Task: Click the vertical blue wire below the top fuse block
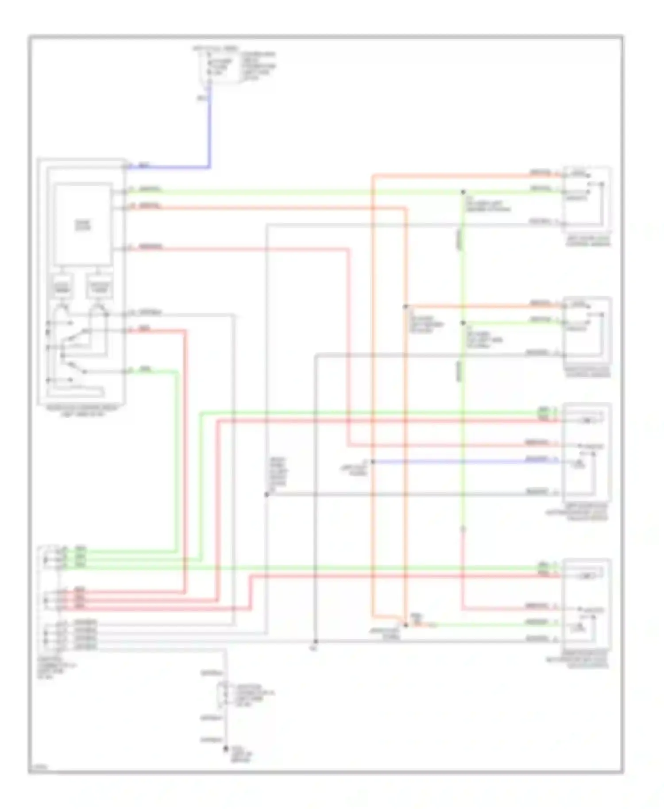click(x=209, y=128)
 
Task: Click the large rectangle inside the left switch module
click(x=83, y=225)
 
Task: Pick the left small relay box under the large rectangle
click(x=62, y=288)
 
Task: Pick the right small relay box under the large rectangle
click(x=100, y=288)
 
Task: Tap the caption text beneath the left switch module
click(x=82, y=411)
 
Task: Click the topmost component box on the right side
click(x=587, y=199)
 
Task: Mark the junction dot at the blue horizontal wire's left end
click(x=373, y=462)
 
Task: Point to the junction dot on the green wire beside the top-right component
click(x=463, y=192)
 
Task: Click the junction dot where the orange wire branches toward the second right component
click(x=405, y=306)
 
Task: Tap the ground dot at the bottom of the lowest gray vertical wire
click(x=226, y=748)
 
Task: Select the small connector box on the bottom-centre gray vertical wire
click(x=221, y=695)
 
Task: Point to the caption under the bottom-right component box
click(x=578, y=659)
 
